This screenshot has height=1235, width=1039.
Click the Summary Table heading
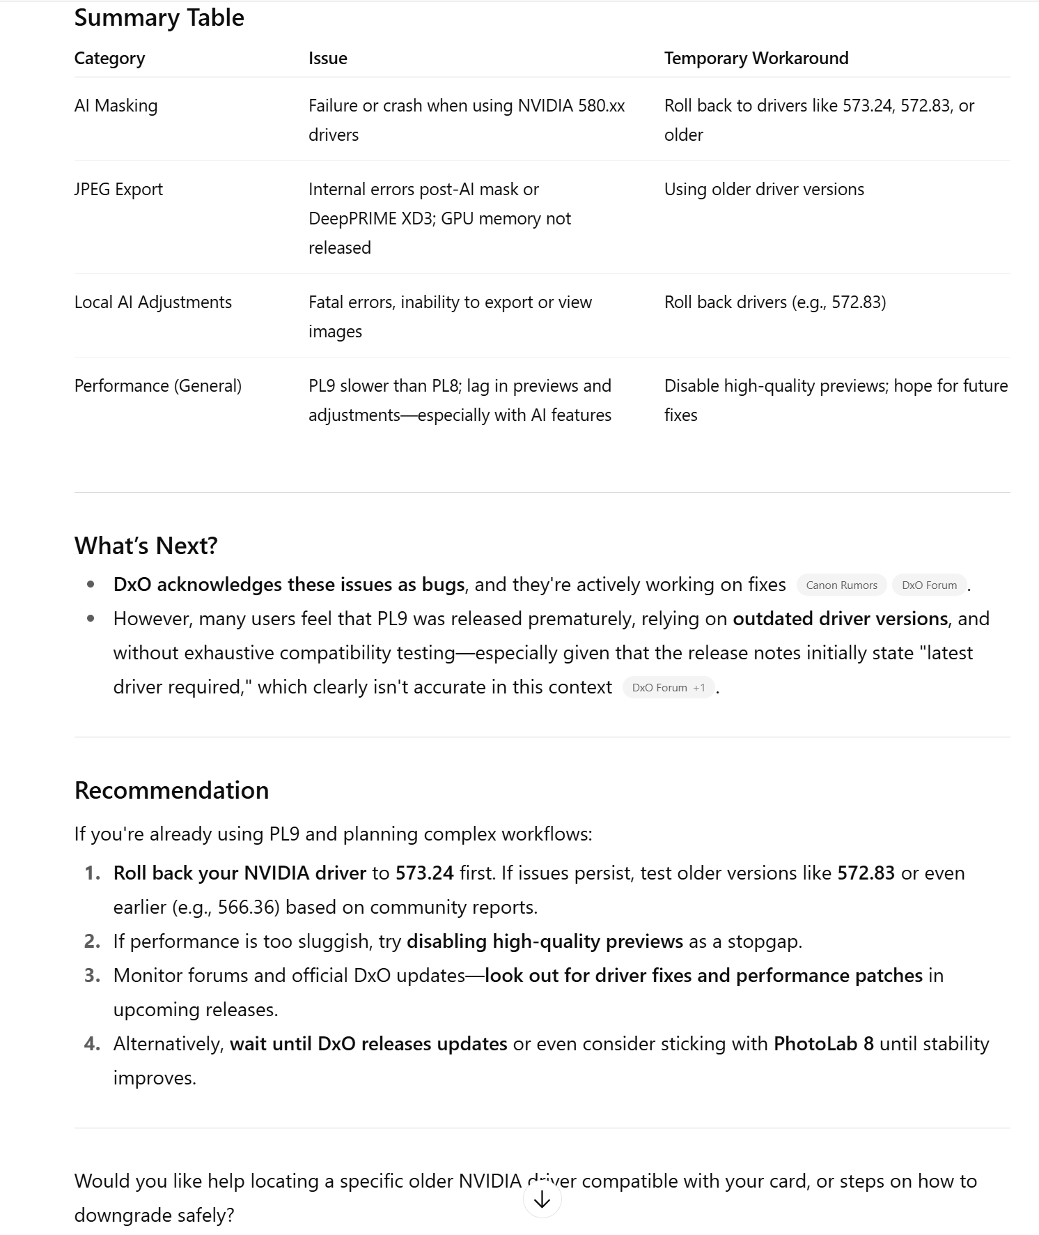pos(159,18)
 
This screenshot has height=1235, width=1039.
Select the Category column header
pos(109,59)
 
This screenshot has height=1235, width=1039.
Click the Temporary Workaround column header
pos(756,59)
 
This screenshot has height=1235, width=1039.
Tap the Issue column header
pos(327,59)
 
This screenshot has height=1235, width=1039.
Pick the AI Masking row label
pos(116,106)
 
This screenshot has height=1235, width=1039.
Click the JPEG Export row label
pos(118,190)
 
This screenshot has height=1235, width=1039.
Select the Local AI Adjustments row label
pos(153,302)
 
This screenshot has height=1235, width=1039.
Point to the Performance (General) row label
pos(157,386)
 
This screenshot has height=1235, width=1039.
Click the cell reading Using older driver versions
pos(763,190)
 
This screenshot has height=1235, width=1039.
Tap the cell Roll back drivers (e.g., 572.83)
pos(774,302)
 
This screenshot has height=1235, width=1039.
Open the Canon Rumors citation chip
pos(841,585)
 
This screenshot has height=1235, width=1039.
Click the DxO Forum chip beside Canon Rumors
pos(929,585)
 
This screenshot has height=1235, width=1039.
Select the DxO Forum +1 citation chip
pos(668,688)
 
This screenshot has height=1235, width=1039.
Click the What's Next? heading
pos(146,546)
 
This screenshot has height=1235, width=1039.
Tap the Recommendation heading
pos(171,790)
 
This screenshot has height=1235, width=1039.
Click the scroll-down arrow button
pos(542,1199)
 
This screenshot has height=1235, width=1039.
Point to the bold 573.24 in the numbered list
pos(424,873)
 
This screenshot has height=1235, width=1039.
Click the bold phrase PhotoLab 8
pos(823,1044)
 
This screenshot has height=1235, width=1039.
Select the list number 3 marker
pos(92,976)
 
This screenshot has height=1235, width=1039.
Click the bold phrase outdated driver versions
pos(840,619)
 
